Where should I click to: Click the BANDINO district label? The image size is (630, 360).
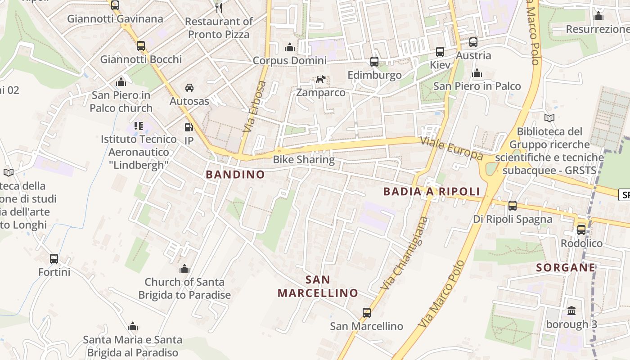click(235, 175)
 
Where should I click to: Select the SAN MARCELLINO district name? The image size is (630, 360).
click(318, 287)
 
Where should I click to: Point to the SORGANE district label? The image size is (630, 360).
click(566, 268)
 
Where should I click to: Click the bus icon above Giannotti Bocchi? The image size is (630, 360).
click(141, 46)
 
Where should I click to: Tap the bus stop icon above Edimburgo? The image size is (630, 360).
click(374, 62)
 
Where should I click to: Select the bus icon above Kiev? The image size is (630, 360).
click(440, 52)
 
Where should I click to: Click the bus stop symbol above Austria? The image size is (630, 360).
click(473, 42)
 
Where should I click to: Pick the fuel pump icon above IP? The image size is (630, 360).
click(189, 128)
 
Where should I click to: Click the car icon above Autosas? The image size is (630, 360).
click(189, 88)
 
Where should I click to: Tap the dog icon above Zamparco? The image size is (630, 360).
click(320, 80)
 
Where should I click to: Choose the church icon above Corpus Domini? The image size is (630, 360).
click(290, 47)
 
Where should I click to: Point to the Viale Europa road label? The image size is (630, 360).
click(451, 148)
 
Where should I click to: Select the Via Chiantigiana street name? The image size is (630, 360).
click(404, 253)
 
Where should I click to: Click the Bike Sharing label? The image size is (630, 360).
click(304, 159)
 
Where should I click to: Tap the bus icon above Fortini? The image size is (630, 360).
click(54, 259)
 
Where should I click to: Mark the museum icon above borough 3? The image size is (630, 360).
click(571, 310)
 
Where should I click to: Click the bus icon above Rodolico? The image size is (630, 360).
click(581, 229)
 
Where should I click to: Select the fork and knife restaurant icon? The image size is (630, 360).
click(218, 7)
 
